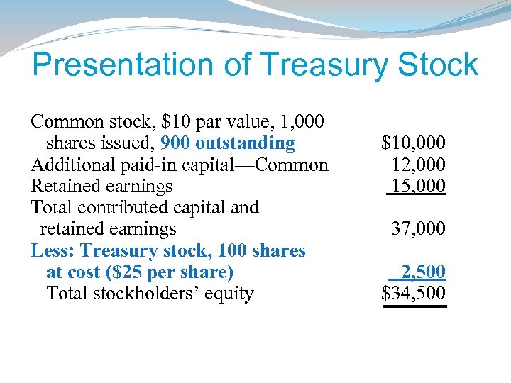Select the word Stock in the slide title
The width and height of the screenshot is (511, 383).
click(439, 65)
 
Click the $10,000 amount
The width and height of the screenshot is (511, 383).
click(413, 143)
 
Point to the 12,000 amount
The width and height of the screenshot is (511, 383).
click(419, 165)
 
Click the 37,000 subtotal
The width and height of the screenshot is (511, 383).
click(419, 228)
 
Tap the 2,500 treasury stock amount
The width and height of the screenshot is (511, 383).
click(423, 272)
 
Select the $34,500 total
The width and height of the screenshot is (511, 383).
click(413, 293)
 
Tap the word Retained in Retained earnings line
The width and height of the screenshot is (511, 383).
click(63, 186)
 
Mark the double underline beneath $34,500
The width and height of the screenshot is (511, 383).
click(414, 306)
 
